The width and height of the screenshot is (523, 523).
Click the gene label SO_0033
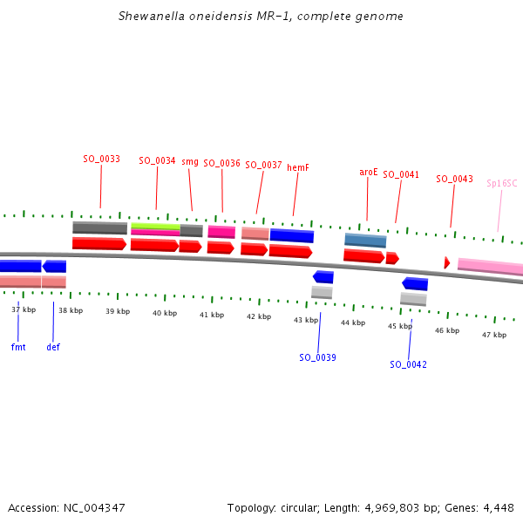101,159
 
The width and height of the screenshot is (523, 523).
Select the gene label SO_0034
157,160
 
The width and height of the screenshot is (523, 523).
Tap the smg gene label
190,161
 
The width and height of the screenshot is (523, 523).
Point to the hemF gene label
298,166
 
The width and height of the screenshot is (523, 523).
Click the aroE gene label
369,172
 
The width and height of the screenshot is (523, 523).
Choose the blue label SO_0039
317,357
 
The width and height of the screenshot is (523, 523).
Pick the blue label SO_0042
408,364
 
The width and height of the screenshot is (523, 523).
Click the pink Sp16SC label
501,183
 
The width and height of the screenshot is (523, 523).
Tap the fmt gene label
18,346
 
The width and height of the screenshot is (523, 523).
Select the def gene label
53,346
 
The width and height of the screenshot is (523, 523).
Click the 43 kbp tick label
305,320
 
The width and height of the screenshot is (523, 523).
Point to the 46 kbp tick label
447,330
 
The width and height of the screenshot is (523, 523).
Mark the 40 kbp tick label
164,312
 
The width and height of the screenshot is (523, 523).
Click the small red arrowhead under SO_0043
447,262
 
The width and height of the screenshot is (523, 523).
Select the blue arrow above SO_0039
323,277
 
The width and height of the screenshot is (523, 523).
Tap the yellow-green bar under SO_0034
155,226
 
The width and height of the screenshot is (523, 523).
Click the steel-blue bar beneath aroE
365,240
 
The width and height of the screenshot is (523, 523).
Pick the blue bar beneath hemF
291,235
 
